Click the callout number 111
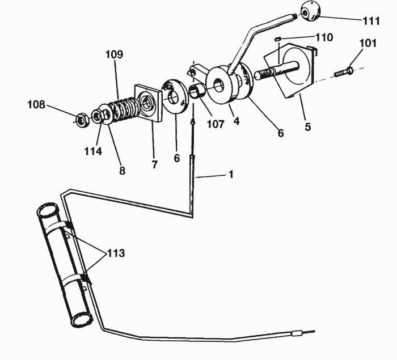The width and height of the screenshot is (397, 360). coord(371,21)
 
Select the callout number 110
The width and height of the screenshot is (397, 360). coord(324,37)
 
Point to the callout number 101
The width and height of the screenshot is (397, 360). coord(368,43)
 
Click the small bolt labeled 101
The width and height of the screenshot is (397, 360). coord(344,71)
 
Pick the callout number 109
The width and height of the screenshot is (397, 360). coord(114,54)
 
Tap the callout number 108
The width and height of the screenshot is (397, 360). coord(36,104)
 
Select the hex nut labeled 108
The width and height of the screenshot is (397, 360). coord(82,120)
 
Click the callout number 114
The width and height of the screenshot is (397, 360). coord(93,151)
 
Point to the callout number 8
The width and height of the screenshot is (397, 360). coord(122,171)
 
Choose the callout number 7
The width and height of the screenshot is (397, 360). coord(154,164)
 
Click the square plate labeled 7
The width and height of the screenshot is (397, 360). coord(148,103)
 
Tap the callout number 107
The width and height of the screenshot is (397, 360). coord(216,124)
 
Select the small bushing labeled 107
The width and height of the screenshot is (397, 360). coord(196,92)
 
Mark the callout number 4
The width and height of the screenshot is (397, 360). coord(236,121)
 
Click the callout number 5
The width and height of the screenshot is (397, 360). coord(307,127)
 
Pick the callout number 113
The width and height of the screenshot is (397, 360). coord(116,253)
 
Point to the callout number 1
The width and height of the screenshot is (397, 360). coord(231,175)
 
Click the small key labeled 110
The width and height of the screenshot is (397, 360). coord(277,39)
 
